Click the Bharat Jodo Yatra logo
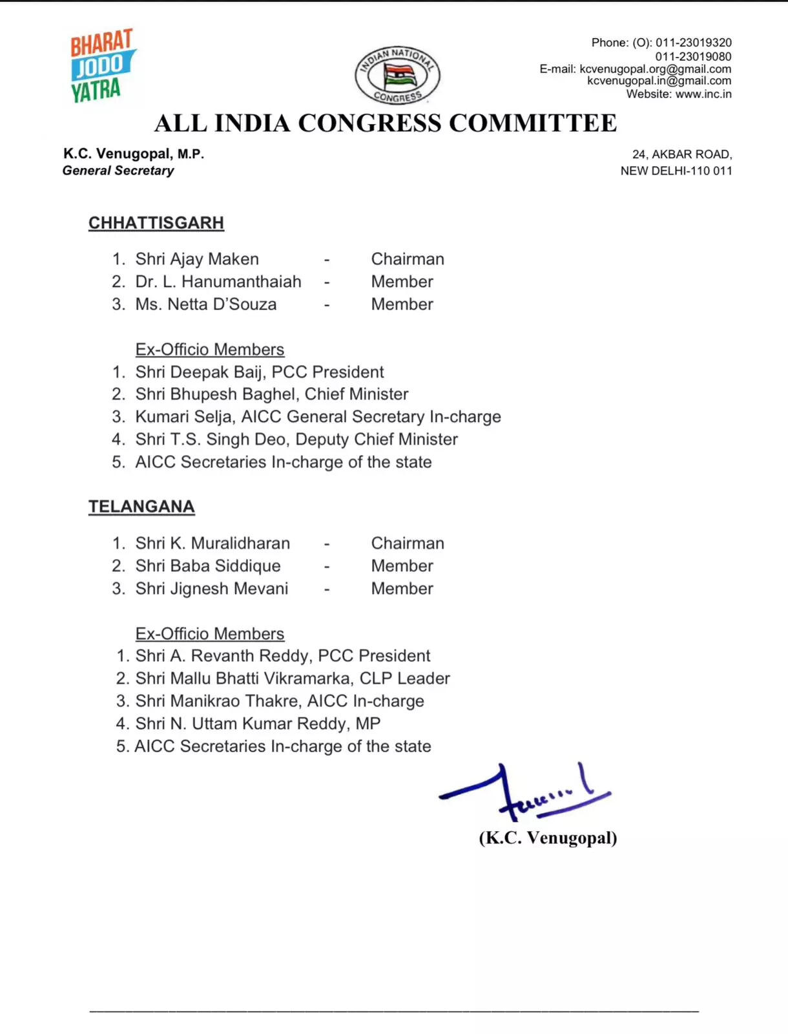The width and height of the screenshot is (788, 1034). tap(101, 65)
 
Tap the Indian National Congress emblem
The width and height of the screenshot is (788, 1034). tap(397, 75)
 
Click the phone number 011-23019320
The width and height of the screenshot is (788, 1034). tap(693, 43)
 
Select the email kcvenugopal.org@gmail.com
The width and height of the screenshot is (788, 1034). tap(655, 69)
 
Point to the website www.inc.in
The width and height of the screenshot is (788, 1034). tap(703, 94)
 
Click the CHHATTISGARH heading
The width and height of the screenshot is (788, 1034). tap(156, 223)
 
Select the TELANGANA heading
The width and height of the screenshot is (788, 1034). tap(141, 507)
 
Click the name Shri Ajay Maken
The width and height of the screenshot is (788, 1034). tap(197, 259)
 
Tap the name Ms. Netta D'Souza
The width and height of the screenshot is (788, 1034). tap(205, 304)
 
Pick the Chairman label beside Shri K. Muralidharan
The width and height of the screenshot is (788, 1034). tap(408, 543)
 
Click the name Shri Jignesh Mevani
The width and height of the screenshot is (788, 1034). tap(212, 589)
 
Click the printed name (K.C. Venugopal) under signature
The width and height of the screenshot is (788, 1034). tap(548, 838)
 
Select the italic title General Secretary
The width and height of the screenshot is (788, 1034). tap(118, 171)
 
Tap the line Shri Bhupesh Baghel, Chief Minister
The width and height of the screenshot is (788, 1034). tap(271, 394)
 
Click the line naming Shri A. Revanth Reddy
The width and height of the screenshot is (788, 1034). tap(282, 656)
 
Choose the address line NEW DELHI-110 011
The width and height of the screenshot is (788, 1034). tap(676, 171)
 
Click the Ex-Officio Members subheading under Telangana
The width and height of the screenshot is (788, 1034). tap(210, 634)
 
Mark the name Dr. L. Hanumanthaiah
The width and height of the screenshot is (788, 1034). tap(218, 282)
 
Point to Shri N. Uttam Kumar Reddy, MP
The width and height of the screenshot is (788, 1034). tap(258, 724)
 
